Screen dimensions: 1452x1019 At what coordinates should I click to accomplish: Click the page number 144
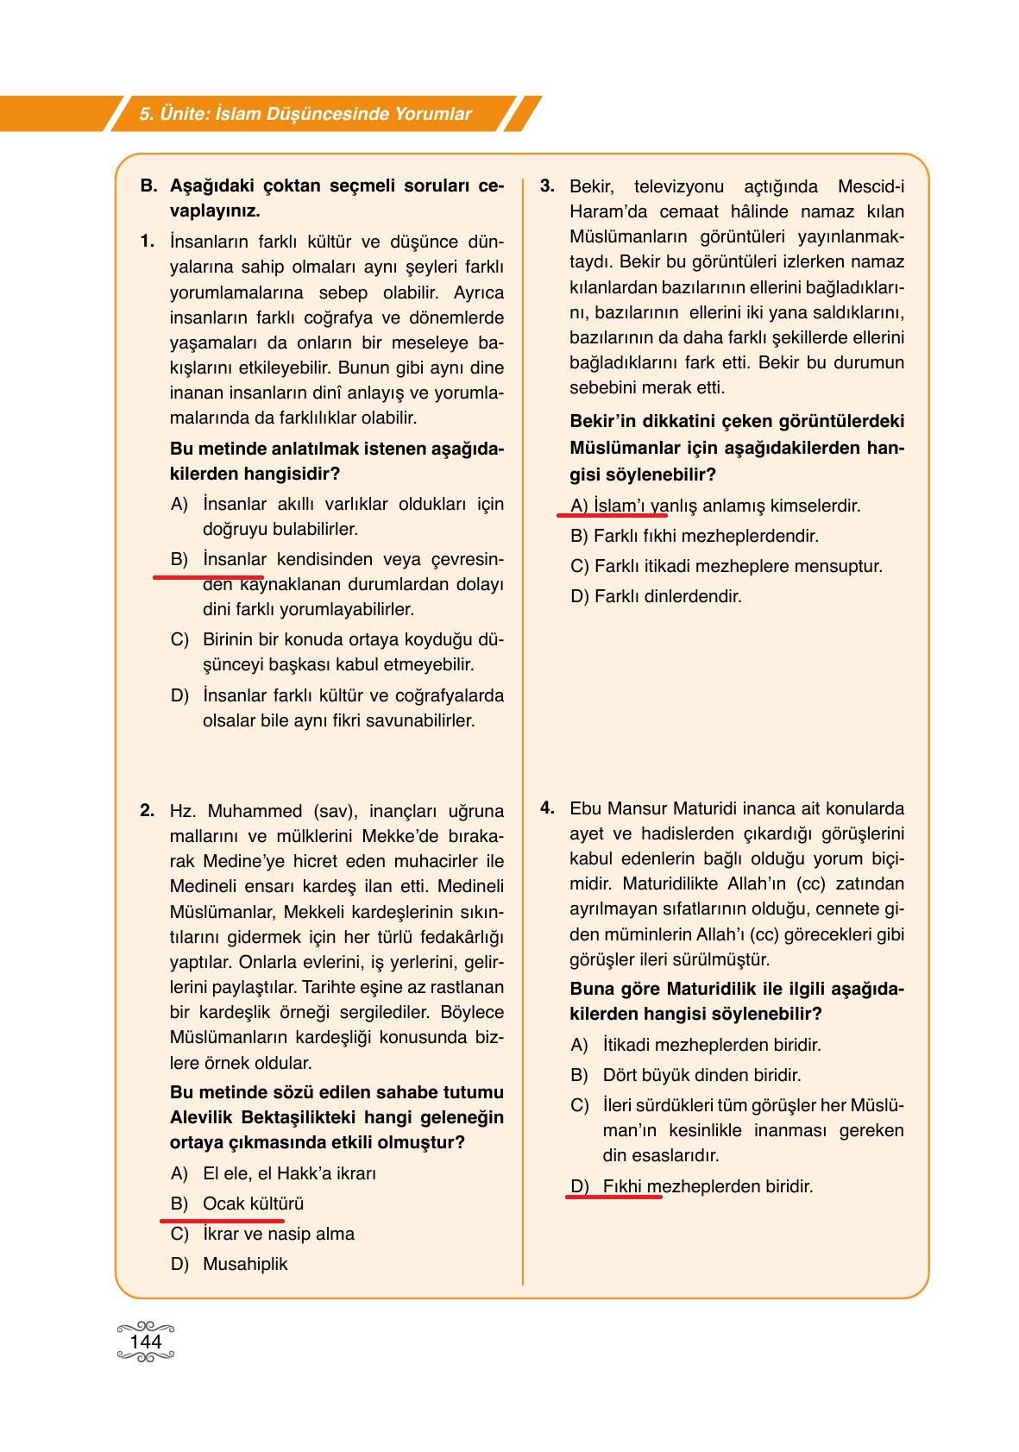coord(145,1342)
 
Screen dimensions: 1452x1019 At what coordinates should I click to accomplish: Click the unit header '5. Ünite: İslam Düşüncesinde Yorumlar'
coord(305,114)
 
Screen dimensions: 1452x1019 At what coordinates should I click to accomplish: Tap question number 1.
coord(148,241)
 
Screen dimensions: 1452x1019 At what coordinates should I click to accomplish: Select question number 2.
coord(148,810)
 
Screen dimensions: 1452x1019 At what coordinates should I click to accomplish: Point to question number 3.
coord(547,185)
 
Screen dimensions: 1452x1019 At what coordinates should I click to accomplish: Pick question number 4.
coord(547,808)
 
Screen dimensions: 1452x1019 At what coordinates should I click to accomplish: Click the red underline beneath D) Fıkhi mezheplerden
coord(614,1197)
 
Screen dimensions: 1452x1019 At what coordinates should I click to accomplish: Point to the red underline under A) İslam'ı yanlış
coord(612,514)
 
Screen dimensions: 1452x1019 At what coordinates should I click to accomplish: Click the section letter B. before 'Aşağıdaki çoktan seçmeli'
coord(148,185)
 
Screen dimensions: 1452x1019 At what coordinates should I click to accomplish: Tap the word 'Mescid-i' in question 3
coord(871,186)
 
